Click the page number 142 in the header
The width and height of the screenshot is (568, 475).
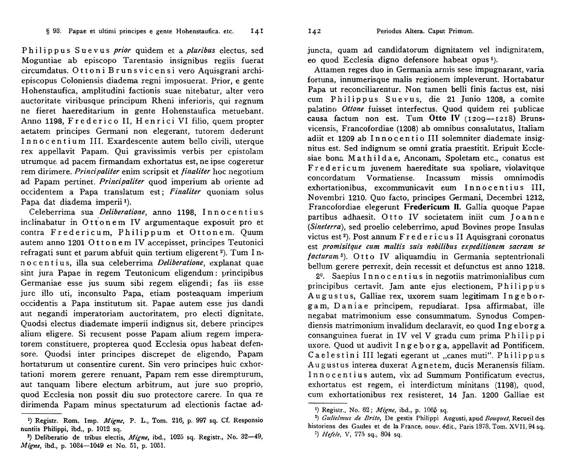click(x=315, y=31)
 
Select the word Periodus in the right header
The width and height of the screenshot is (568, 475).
click(x=389, y=31)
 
